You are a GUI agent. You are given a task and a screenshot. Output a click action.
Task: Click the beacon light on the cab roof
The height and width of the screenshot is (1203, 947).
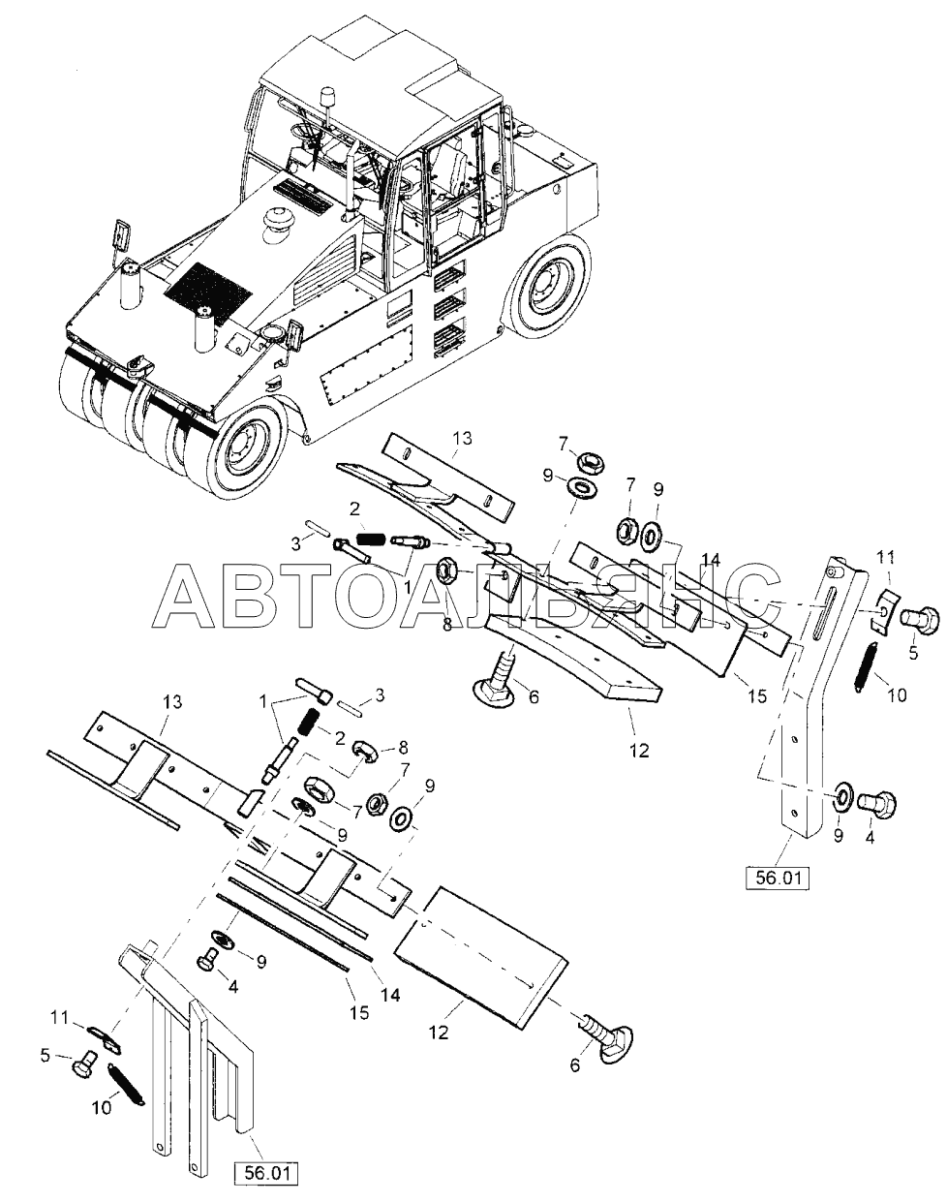327,100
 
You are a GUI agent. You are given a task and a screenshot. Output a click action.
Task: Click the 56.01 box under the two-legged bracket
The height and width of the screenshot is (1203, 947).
265,1172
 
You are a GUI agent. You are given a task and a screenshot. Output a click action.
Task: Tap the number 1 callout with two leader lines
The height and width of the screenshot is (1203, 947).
262,700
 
